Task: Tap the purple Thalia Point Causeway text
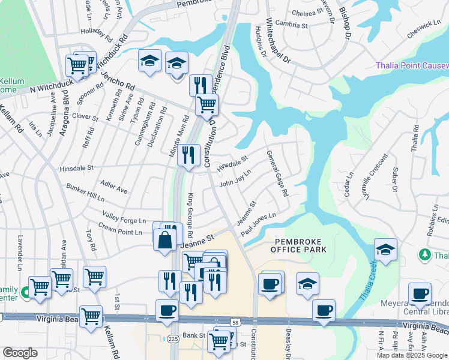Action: [412, 65]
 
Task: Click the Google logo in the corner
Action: [20, 353]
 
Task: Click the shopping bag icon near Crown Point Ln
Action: [164, 239]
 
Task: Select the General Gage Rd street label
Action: [277, 173]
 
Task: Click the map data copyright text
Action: [412, 355]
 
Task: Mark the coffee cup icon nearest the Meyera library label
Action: [420, 294]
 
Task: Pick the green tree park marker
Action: [425, 255]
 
